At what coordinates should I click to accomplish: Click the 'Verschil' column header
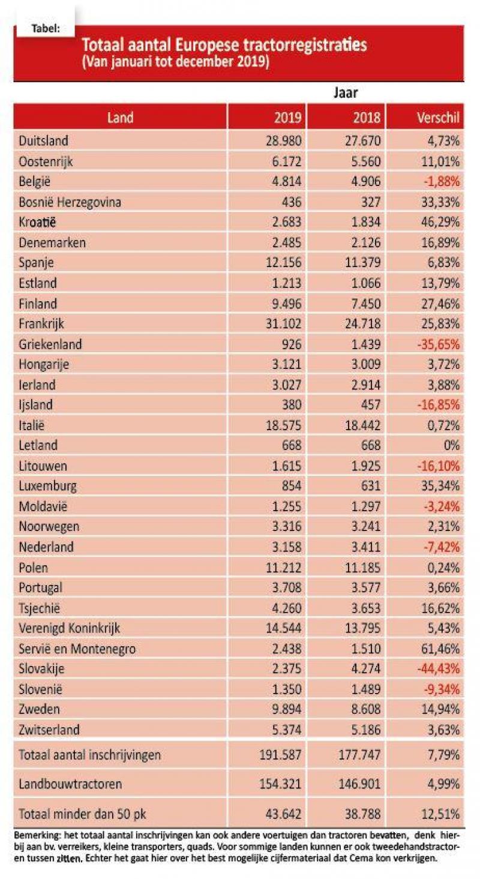pyautogui.click(x=438, y=118)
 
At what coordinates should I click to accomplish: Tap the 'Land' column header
pyautogui.click(x=120, y=118)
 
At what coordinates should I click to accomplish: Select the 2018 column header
pyautogui.click(x=367, y=118)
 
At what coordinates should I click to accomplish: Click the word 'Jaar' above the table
pyautogui.click(x=346, y=92)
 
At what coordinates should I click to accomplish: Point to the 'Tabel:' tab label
pyautogui.click(x=46, y=29)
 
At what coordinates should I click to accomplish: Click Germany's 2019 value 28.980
pyautogui.click(x=284, y=140)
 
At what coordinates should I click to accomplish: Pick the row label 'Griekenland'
pyautogui.click(x=50, y=344)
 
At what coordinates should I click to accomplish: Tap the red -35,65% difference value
pyautogui.click(x=439, y=344)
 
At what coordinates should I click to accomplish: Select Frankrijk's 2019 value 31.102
pyautogui.click(x=284, y=324)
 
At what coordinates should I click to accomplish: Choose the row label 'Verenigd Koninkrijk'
pyautogui.click(x=69, y=628)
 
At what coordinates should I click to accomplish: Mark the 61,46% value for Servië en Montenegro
pyautogui.click(x=440, y=649)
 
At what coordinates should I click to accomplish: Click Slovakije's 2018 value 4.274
pyautogui.click(x=366, y=668)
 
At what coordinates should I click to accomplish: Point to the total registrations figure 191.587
pyautogui.click(x=280, y=755)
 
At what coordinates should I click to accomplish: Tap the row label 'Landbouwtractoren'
pyautogui.click(x=70, y=784)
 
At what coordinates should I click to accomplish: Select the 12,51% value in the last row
pyautogui.click(x=440, y=814)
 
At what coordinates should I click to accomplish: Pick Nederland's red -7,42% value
pyautogui.click(x=442, y=547)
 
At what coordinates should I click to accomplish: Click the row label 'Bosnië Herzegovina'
pyautogui.click(x=70, y=202)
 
